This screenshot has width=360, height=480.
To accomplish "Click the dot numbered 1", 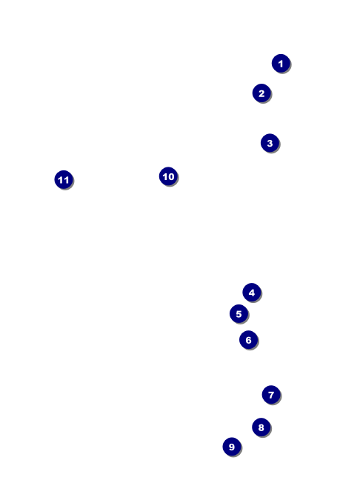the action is coord(281,64).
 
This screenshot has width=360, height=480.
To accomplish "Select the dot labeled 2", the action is coord(261,93).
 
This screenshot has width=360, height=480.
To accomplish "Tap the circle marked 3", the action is coord(270,143).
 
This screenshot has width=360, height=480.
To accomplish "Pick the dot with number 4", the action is coord(252,293).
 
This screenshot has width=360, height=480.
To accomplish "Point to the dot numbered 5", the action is coord(239,314).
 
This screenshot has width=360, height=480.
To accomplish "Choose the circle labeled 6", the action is coord(249,340).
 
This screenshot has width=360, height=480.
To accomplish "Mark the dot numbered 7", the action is coord(271,395).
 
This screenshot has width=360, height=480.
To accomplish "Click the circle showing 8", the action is coord(261,427).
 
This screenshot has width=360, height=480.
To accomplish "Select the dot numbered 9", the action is coord(232,447).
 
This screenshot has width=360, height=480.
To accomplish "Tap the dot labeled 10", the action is coord(168,176).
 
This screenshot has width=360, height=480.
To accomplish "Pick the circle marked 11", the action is coord(64,180).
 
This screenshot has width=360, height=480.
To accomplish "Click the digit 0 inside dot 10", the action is coord(171,176).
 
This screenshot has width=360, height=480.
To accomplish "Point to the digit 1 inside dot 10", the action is coord(165,176).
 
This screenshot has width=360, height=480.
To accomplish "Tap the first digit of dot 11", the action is coord(61,180).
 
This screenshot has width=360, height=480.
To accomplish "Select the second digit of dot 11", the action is coord(66,180).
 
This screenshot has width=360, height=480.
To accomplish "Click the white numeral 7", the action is coord(271,395).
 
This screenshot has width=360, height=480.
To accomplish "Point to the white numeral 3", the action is coord(270,143).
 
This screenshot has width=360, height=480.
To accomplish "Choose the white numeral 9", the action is coord(232,447).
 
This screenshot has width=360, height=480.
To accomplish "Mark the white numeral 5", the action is coord(239,314).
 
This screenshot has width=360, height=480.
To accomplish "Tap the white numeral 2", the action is coord(261,93).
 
